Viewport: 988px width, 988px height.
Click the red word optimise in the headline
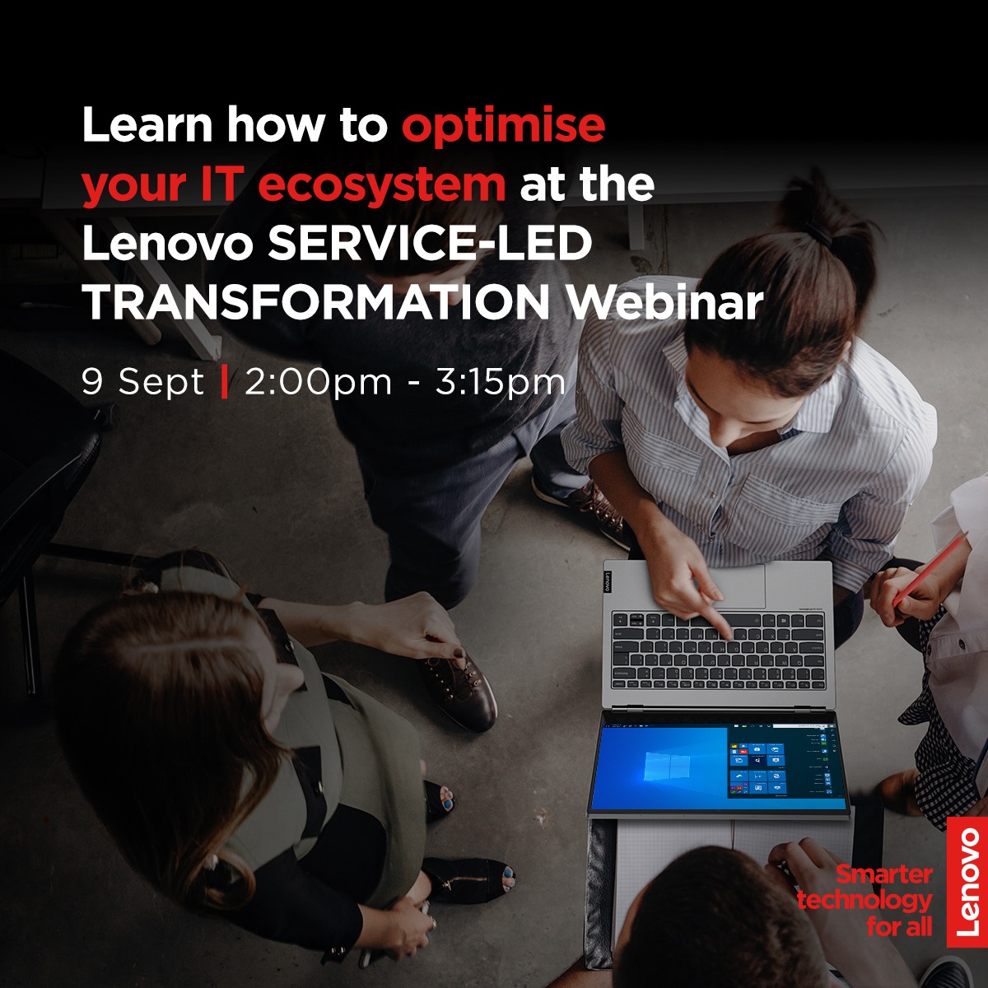(503, 126)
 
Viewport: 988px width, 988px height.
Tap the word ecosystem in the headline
(382, 185)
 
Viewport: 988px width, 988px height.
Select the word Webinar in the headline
(666, 302)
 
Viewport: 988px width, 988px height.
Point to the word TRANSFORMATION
(316, 302)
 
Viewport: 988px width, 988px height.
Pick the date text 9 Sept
(142, 383)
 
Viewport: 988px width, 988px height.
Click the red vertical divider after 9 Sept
(224, 383)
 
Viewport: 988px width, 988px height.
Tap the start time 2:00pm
(318, 383)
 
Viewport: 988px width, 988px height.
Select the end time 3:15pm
(501, 383)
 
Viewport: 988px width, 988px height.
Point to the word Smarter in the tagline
(883, 875)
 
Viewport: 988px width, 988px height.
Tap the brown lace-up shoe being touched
(458, 687)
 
